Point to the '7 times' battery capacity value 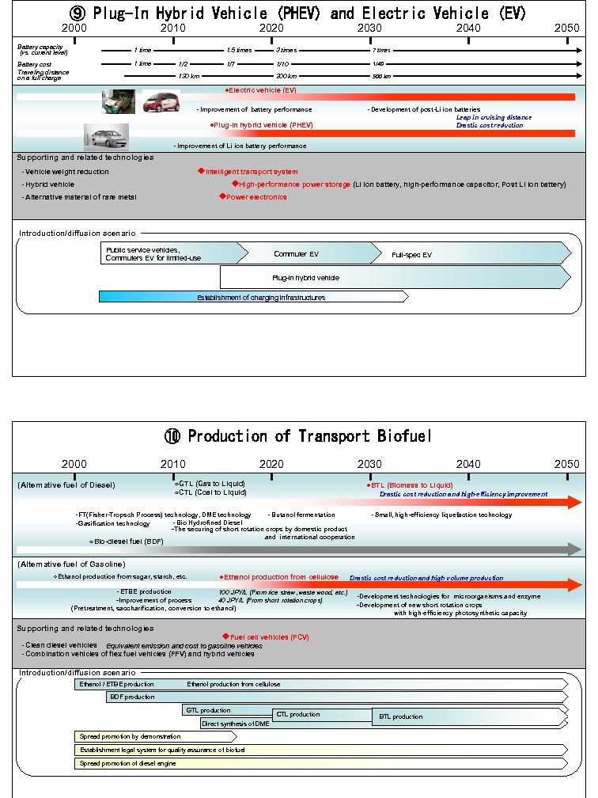tap(381, 50)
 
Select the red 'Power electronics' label tap(255, 197)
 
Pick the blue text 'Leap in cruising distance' tap(494, 117)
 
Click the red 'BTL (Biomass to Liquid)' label tap(411, 484)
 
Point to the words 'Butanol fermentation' tap(302, 515)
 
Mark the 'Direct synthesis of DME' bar tap(235, 724)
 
